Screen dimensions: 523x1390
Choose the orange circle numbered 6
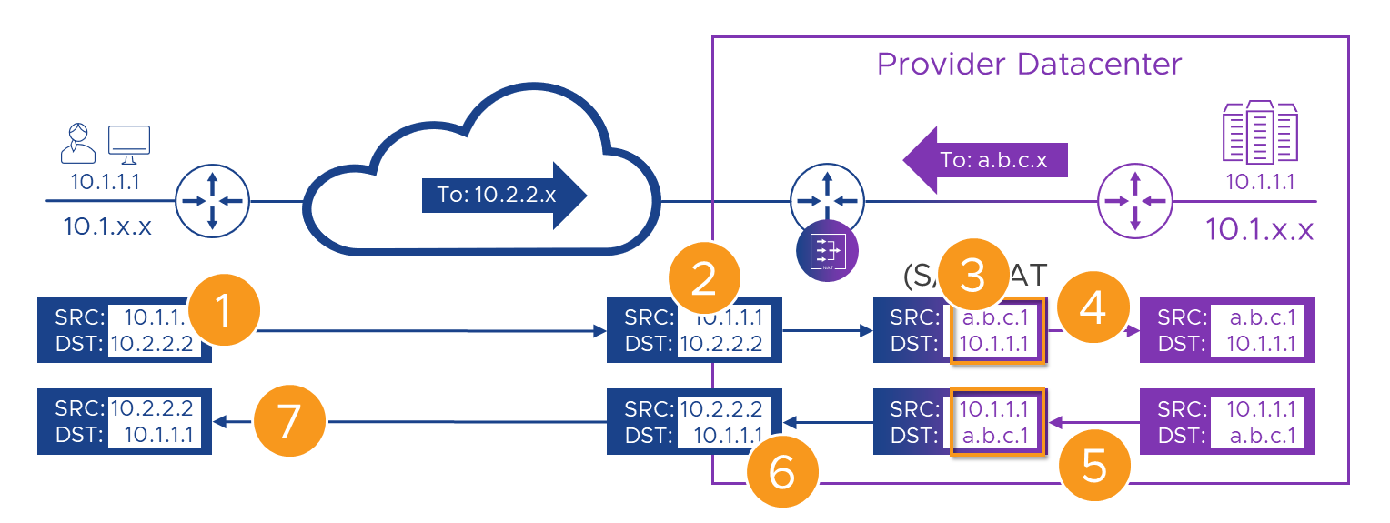[782, 472]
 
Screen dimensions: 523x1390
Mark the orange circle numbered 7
[289, 422]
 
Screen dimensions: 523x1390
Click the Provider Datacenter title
[1029, 65]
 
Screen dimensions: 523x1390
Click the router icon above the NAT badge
[827, 199]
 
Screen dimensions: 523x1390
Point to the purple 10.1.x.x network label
[1260, 229]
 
